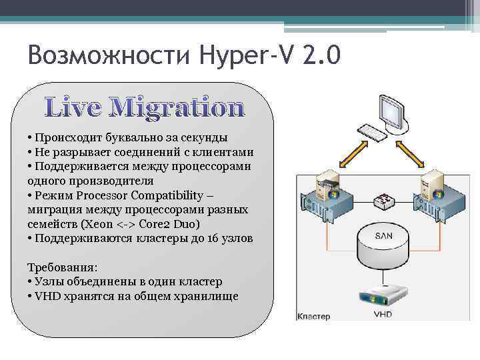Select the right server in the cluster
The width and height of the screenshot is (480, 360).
pyautogui.click(x=433, y=190)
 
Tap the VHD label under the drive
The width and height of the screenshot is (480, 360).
pyautogui.click(x=383, y=314)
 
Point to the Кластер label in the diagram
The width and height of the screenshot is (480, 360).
pyautogui.click(x=313, y=316)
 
